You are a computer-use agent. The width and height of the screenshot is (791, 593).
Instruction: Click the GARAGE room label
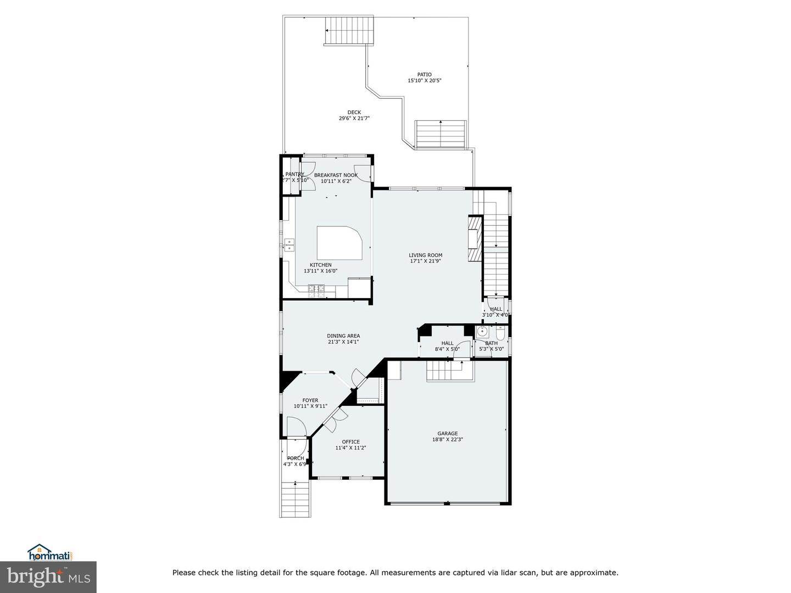click(447, 433)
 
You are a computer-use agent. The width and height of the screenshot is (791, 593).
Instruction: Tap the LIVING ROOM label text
click(425, 255)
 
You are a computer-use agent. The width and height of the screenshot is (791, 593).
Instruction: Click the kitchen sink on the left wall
click(289, 245)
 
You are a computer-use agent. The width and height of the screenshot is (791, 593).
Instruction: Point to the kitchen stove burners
click(316, 291)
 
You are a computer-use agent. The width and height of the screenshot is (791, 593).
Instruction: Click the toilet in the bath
click(500, 333)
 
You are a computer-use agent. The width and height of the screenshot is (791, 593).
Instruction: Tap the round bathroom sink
click(482, 332)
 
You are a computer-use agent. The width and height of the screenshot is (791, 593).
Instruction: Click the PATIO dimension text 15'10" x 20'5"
click(424, 81)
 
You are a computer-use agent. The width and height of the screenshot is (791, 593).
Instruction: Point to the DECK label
click(354, 112)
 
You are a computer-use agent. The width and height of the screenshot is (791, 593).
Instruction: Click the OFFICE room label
click(350, 441)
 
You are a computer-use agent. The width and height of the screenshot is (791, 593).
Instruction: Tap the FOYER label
click(310, 400)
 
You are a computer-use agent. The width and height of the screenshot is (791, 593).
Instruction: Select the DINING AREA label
click(343, 335)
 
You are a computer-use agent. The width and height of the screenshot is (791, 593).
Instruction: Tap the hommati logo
click(51, 552)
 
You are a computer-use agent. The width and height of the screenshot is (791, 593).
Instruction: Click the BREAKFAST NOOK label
click(336, 175)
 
